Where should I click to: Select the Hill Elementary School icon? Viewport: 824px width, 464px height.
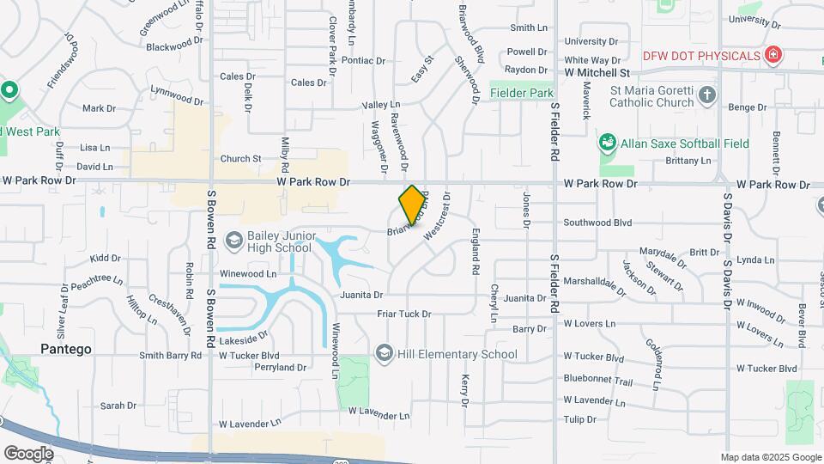click(x=384, y=353)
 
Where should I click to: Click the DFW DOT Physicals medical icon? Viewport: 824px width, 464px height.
click(x=773, y=56)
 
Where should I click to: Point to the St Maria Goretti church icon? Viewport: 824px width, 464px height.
click(x=706, y=95)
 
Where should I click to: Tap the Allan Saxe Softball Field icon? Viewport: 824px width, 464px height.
click(x=608, y=143)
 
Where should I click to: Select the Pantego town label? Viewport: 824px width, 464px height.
click(x=66, y=349)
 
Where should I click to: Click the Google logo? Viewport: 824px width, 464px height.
click(x=28, y=452)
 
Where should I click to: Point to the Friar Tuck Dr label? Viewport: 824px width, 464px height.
click(x=404, y=314)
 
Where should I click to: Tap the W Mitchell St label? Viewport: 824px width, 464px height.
click(x=597, y=73)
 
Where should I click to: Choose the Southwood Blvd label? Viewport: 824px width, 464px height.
click(x=597, y=223)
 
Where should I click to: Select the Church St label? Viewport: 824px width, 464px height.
click(x=240, y=158)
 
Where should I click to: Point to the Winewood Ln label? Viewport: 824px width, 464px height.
click(x=248, y=274)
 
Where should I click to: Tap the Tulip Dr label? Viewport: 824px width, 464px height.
click(x=580, y=419)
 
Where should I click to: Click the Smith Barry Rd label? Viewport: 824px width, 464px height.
click(x=170, y=355)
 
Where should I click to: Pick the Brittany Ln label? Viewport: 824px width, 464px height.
click(x=688, y=161)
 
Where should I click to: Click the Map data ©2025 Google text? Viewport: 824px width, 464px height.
click(x=771, y=457)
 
